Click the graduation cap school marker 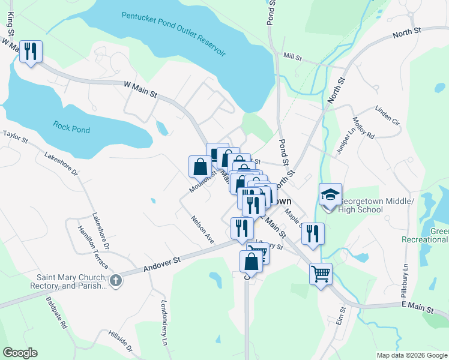coord(330,195)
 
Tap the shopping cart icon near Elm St coord(321,274)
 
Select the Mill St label coord(293,57)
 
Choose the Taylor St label coord(15,137)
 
